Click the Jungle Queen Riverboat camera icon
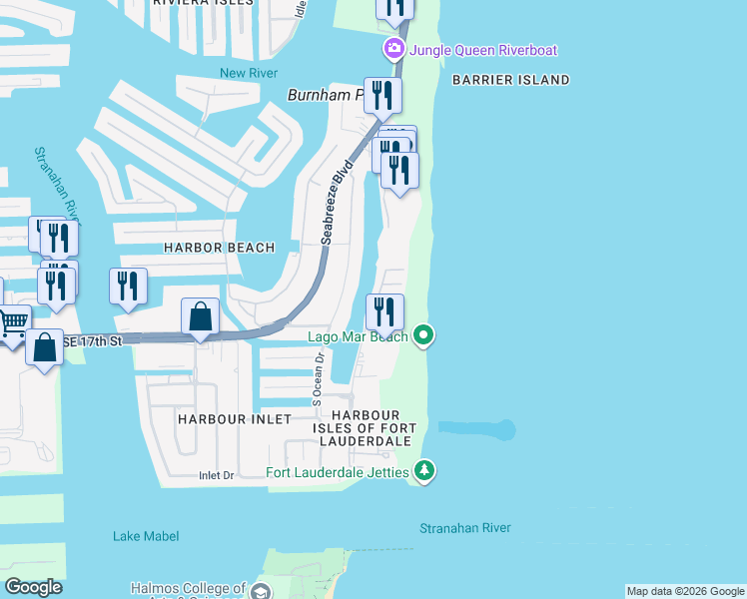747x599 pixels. coord(394,49)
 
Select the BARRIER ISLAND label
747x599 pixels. coord(510,80)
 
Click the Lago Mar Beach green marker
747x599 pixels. coord(423,335)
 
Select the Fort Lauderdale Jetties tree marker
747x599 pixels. coord(424,470)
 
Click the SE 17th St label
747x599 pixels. coord(93,341)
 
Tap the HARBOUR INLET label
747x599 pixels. coord(235,419)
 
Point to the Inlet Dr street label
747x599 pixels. coord(216,475)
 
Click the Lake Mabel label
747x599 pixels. coord(146,536)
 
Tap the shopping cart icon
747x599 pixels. coord(12,322)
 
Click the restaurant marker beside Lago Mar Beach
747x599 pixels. coord(384,311)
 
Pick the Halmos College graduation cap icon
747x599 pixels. coord(261,592)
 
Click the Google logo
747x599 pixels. coord(33,587)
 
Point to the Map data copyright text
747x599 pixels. coord(685,591)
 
